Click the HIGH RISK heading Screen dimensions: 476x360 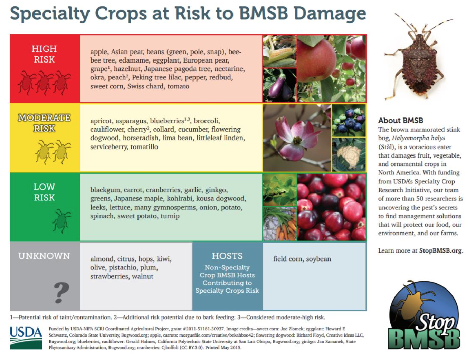coord(44,54)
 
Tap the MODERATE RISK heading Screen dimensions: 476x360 coord(44,123)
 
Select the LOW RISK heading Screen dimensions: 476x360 coord(44,192)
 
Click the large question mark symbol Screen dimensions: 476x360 coord(61,293)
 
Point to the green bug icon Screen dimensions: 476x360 coord(61,221)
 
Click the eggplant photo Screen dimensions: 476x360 coord(279,85)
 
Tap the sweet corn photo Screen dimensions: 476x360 coord(279,51)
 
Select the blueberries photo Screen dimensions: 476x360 coord(349,121)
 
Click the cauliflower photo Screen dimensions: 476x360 coord(349,154)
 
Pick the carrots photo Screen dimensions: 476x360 coord(279,224)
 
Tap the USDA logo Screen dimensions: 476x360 coord(26,338)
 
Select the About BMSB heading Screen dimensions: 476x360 coord(401,120)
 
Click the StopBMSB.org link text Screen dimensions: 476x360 coord(440,250)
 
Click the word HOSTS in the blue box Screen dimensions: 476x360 coord(227,256)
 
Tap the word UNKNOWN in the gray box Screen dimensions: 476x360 coord(44,256)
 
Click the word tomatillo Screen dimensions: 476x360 coord(144,147)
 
